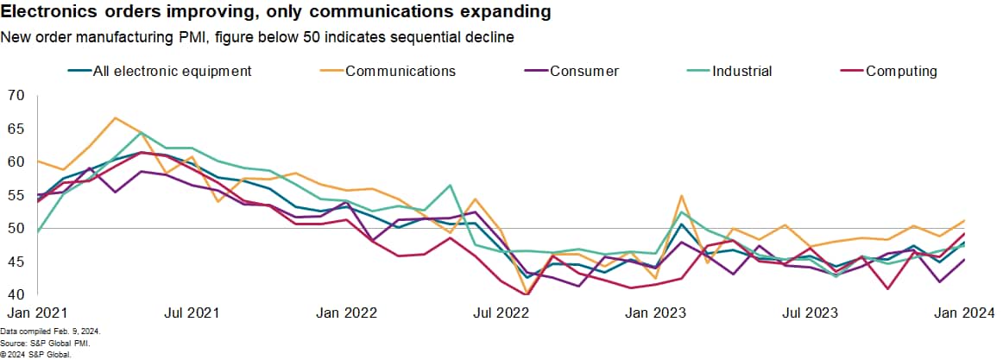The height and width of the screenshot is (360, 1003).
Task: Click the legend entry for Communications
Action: (x=400, y=71)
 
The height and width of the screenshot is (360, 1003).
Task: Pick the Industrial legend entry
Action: (x=741, y=71)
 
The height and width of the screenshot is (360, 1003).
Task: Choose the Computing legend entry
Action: (x=901, y=71)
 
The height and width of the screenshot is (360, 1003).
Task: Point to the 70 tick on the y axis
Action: (x=16, y=95)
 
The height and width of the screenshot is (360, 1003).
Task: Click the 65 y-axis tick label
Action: (x=16, y=129)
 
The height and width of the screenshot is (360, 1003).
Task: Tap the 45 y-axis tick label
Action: (x=16, y=262)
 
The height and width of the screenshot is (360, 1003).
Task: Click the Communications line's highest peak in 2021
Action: (x=115, y=117)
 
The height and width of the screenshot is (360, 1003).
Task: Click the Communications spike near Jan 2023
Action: (x=682, y=196)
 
